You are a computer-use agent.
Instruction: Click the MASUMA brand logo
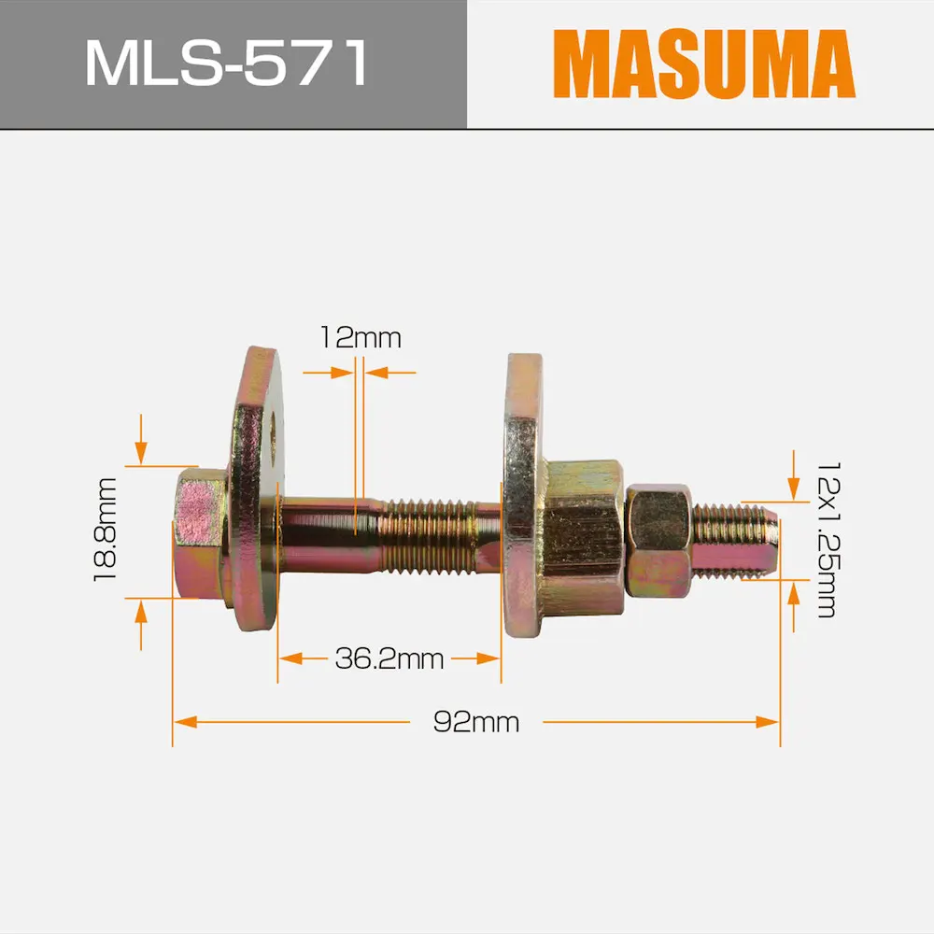click(704, 64)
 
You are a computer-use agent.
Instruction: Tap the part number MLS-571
click(227, 64)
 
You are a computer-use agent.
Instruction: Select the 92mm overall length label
click(476, 722)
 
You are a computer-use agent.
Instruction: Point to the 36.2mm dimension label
click(389, 658)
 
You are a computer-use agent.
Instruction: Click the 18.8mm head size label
click(106, 530)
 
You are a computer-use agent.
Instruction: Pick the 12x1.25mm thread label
click(828, 540)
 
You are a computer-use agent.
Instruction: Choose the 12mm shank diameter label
click(361, 338)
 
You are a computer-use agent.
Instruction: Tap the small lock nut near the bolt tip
click(659, 540)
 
